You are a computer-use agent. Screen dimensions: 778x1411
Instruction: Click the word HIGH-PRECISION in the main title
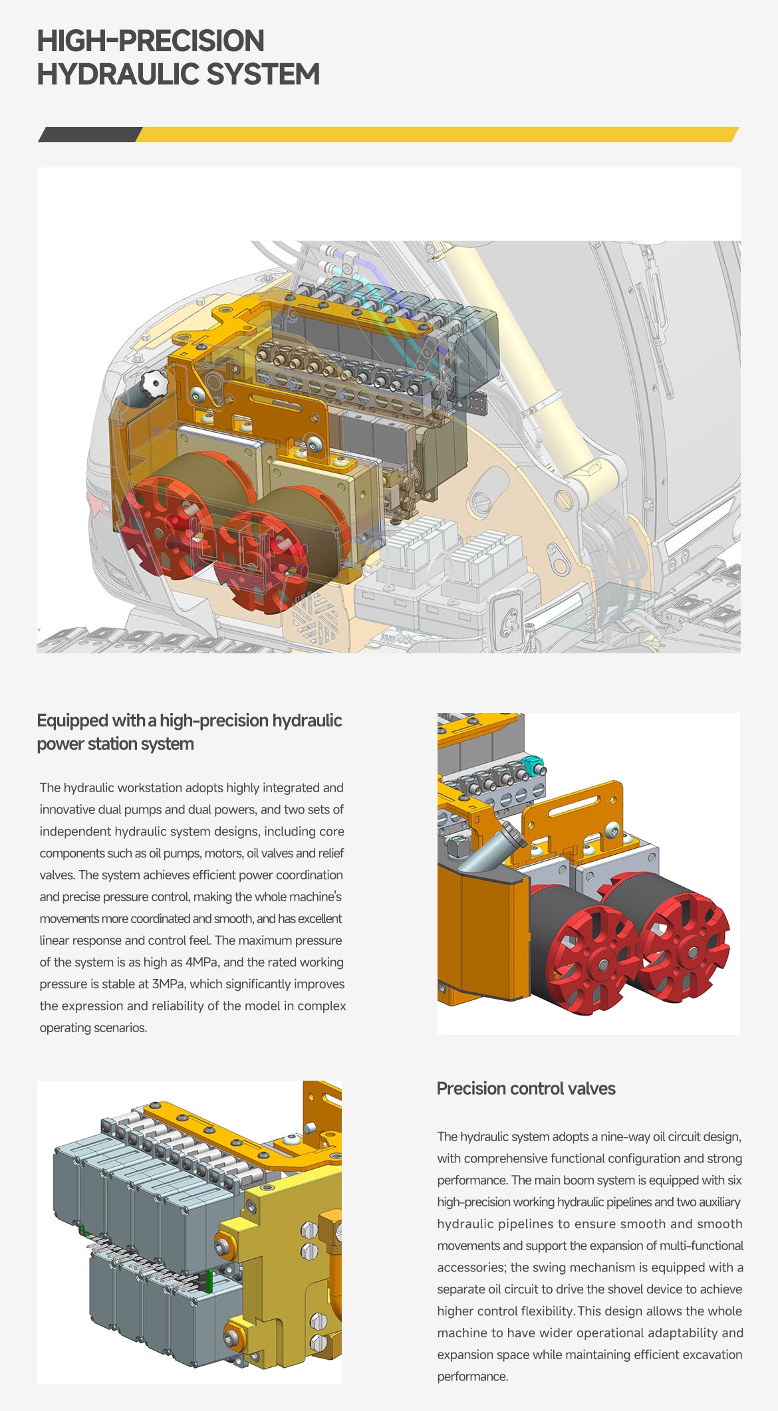tap(150, 41)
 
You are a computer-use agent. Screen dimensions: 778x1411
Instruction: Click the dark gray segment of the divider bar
tap(90, 134)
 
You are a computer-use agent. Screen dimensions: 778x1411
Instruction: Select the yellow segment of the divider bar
tap(437, 134)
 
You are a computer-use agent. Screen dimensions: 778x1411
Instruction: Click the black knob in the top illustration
tap(154, 384)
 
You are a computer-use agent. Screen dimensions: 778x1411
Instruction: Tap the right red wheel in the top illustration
tap(261, 561)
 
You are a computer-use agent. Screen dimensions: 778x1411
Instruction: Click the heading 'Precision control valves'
tap(526, 1088)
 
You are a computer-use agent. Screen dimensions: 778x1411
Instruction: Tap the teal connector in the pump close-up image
tap(535, 765)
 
